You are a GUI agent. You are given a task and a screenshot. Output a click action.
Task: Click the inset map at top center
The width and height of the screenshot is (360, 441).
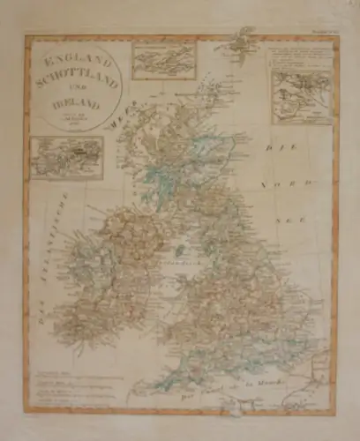[163, 60]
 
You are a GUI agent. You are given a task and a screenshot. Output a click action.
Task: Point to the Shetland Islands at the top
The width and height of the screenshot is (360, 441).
[236, 39]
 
